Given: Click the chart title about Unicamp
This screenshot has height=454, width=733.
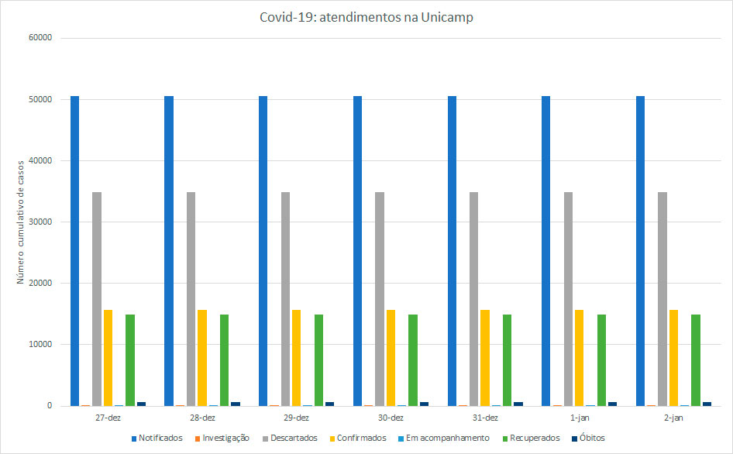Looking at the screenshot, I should [x=366, y=18].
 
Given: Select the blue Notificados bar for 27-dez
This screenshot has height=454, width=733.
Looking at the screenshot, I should [x=74, y=250].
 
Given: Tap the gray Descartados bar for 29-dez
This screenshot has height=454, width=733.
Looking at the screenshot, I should [x=285, y=298].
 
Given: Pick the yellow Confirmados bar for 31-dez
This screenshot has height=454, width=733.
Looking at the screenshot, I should [x=484, y=357].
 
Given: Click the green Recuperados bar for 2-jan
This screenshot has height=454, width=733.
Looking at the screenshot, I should [x=695, y=359].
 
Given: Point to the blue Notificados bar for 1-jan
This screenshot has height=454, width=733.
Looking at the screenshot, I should [x=545, y=250].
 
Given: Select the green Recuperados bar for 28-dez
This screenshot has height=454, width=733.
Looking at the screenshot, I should [x=224, y=359].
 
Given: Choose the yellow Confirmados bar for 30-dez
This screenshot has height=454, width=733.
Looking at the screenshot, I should [x=391, y=357].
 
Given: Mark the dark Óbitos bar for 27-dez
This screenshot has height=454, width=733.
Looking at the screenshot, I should [x=141, y=404].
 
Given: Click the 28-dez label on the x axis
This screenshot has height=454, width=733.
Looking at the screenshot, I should [x=202, y=418].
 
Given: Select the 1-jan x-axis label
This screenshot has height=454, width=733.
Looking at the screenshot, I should [x=579, y=418].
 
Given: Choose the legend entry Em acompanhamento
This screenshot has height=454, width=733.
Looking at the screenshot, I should [x=447, y=438].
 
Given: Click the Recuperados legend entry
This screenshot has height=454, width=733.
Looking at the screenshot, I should [x=534, y=438].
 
